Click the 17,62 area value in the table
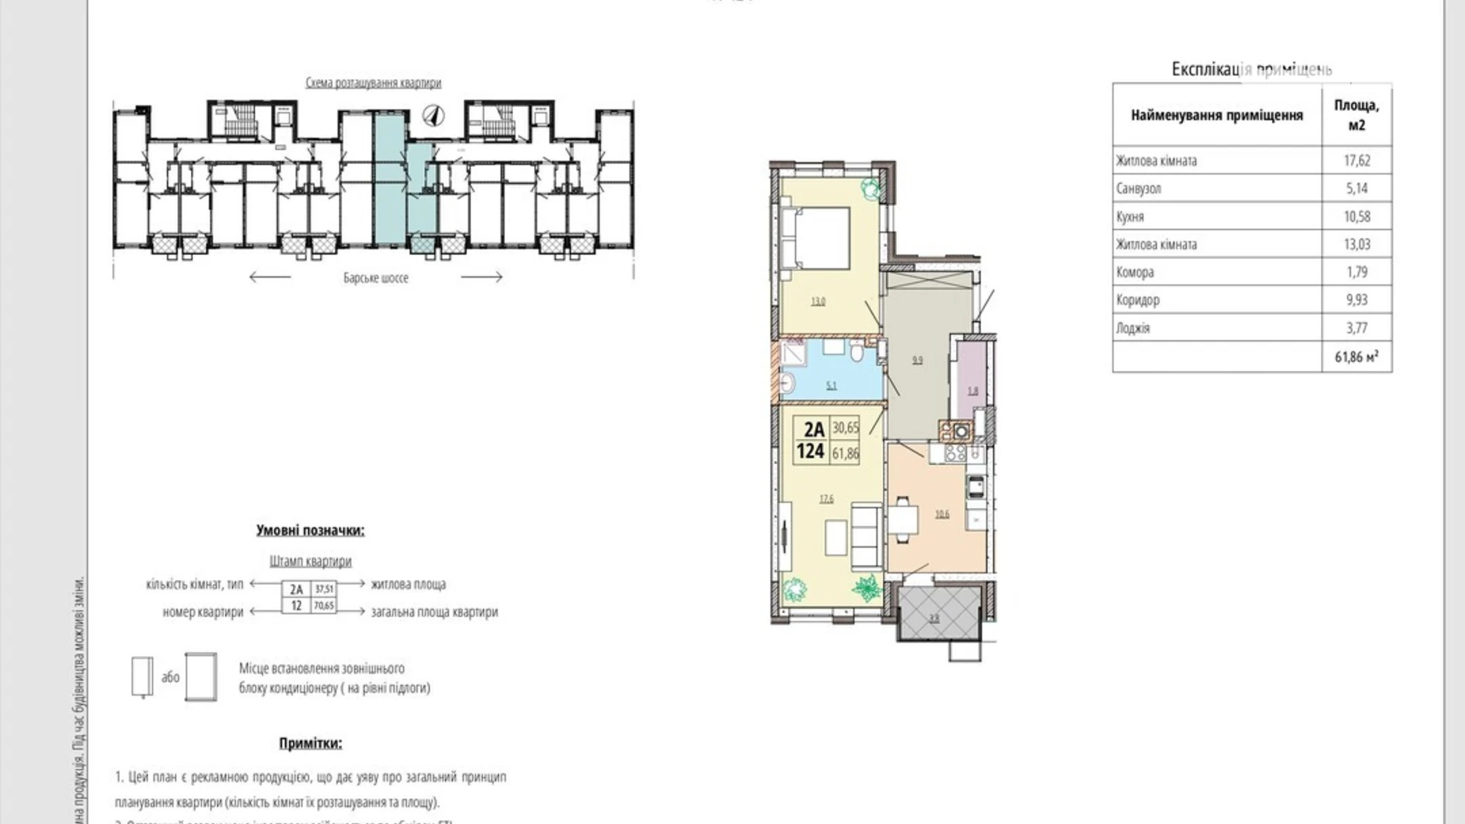[1357, 161]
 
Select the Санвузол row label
[1138, 189]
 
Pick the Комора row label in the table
[1135, 273]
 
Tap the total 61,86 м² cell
[1357, 357]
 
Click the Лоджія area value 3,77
[1357, 328]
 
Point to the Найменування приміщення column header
[1216, 116]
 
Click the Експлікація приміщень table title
[1251, 70]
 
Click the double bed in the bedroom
[815, 237]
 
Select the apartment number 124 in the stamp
[811, 452]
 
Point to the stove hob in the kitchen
[955, 452]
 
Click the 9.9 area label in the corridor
[917, 360]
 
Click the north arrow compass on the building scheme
[433, 116]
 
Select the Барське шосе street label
[375, 278]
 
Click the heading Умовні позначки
[310, 531]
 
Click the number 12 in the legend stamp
[296, 605]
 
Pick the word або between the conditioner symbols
[170, 677]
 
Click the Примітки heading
[310, 743]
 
